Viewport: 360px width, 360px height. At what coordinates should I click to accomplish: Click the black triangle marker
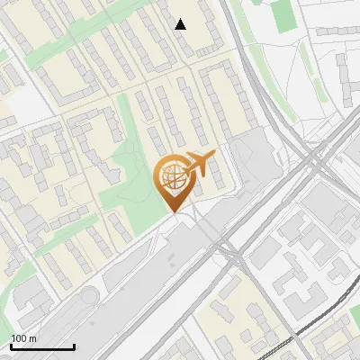181,24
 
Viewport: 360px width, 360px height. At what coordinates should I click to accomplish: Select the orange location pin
174,184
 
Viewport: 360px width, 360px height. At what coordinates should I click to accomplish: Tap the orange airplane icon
200,165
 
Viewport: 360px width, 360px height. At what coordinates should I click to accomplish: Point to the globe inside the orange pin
174,176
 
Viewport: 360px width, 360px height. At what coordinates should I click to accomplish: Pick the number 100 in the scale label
19,338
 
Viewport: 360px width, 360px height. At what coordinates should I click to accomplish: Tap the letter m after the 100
32,338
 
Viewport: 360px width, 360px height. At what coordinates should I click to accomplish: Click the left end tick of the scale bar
11,346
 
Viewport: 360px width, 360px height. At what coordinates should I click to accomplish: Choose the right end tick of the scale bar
74,346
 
